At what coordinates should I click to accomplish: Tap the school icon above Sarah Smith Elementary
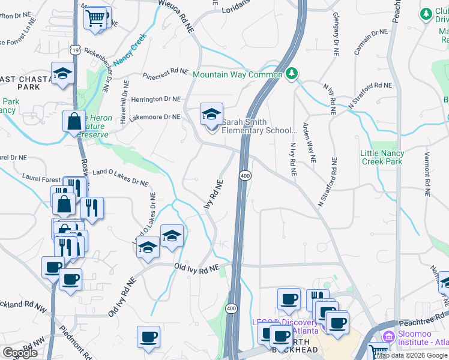[211, 114]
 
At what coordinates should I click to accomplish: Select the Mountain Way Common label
[237, 75]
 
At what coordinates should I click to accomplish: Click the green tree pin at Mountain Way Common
[292, 74]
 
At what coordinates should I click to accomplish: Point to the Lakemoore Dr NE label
[155, 117]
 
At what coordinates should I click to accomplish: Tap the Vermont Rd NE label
[427, 173]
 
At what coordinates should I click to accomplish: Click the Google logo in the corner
[20, 353]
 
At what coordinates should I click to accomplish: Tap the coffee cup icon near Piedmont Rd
[148, 337]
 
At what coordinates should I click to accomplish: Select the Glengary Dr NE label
[334, 31]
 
